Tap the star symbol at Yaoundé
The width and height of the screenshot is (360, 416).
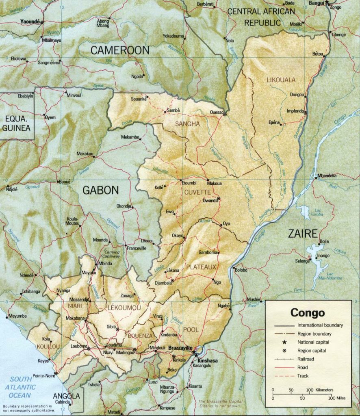point(42,22)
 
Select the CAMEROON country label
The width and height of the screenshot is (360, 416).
point(120,50)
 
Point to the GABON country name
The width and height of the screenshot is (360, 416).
point(101,190)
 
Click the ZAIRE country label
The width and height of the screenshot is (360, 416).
point(302,234)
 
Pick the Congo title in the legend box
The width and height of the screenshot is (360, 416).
point(307,313)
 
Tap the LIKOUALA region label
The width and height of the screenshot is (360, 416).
point(281,80)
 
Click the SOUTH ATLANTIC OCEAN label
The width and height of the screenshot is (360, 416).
point(21,387)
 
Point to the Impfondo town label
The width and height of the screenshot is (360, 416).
point(296,110)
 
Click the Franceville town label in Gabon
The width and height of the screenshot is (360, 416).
point(136,248)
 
